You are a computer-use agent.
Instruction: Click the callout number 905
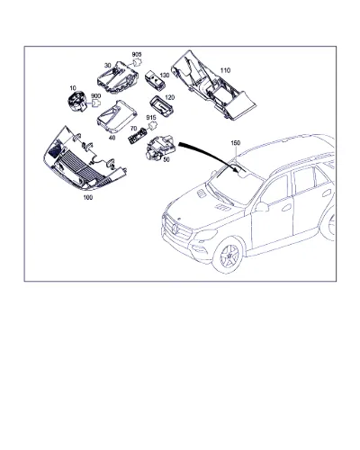pyautogui.click(x=137, y=55)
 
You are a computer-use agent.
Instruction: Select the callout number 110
pyautogui.click(x=225, y=70)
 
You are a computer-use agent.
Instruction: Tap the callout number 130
pyautogui.click(x=165, y=75)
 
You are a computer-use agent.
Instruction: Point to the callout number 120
pyautogui.click(x=169, y=97)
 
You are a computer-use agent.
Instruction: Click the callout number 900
pyautogui.click(x=95, y=96)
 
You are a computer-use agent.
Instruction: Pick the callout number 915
pyautogui.click(x=151, y=117)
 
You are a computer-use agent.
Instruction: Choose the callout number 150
pyautogui.click(x=236, y=143)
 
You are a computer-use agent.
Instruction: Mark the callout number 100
pyautogui.click(x=88, y=197)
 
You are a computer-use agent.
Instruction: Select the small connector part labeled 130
pyautogui.click(x=156, y=80)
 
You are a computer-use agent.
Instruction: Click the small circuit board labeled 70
pyautogui.click(x=138, y=135)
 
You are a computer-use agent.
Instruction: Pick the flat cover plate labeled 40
pyautogui.click(x=116, y=116)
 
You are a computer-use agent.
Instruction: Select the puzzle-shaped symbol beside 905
pyautogui.click(x=138, y=63)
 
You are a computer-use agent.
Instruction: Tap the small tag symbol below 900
pyautogui.click(x=96, y=103)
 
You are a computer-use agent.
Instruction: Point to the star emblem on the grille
pyautogui.click(x=175, y=230)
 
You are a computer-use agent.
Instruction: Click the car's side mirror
pyautogui.click(x=262, y=207)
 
